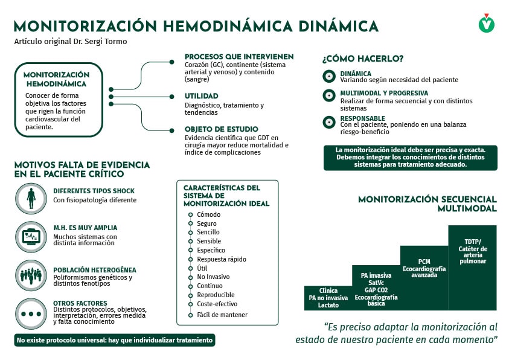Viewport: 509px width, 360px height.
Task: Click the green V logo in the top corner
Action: click(487, 24)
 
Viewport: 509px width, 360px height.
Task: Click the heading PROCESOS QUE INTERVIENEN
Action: click(239, 57)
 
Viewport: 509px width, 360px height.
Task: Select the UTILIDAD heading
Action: click(202, 96)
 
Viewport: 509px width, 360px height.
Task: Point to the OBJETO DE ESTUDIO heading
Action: click(222, 129)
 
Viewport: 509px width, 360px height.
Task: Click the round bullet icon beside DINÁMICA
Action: click(329, 76)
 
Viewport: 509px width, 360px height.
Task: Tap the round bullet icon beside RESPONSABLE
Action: click(329, 121)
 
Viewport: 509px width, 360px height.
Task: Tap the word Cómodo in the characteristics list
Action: click(209, 214)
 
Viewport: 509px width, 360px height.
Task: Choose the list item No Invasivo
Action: click(213, 277)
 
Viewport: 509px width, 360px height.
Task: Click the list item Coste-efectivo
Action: click(217, 304)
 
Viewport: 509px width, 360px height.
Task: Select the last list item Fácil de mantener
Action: click(222, 315)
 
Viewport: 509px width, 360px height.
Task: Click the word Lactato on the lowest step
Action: click(328, 305)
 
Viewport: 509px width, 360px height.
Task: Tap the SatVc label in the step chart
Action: click(376, 283)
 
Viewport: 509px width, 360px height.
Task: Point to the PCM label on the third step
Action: click(424, 262)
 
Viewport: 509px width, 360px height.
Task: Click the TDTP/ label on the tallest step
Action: click(472, 241)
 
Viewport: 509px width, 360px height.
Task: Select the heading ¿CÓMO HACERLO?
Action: click(363, 59)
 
